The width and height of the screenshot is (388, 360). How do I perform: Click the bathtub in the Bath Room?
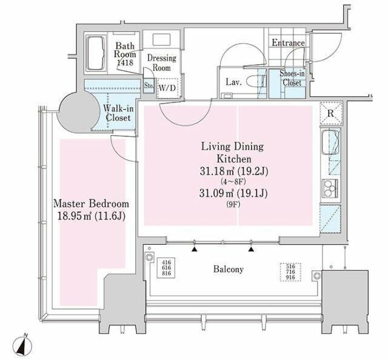pyautogui.click(x=96, y=53)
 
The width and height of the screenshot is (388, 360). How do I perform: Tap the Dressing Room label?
pyautogui.click(x=162, y=63)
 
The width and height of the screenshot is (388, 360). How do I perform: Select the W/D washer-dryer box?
pyautogui.click(x=167, y=88)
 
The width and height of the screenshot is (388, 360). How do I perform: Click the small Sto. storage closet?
pyautogui.click(x=149, y=86)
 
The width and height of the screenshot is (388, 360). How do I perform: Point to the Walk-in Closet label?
pyautogui.click(x=118, y=113)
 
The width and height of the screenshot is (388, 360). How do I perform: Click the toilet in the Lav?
pyautogui.click(x=256, y=81)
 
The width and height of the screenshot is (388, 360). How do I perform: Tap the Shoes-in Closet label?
pyautogui.click(x=292, y=78)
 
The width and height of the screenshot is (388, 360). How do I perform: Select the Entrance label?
pyautogui.click(x=288, y=42)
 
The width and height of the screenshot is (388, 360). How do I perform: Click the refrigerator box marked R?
pyautogui.click(x=331, y=113)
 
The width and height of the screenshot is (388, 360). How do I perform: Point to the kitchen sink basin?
pyautogui.click(x=330, y=140)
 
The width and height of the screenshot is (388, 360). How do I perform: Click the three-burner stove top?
pyautogui.click(x=330, y=188)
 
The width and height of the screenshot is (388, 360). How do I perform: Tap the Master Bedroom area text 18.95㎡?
pyautogui.click(x=72, y=216)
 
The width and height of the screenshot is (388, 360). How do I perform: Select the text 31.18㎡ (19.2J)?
pyautogui.click(x=234, y=171)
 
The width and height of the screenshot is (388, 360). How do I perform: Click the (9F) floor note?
pyautogui.click(x=233, y=205)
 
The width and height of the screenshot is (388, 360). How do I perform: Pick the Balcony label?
pyautogui.click(x=229, y=269)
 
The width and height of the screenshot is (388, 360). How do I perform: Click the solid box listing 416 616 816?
pyautogui.click(x=166, y=268)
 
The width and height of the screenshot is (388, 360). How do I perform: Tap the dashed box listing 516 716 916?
pyautogui.click(x=290, y=272)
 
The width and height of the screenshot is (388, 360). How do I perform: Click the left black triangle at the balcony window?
pyautogui.click(x=195, y=249)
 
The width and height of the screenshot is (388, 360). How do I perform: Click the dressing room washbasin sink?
pyautogui.click(x=161, y=39)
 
